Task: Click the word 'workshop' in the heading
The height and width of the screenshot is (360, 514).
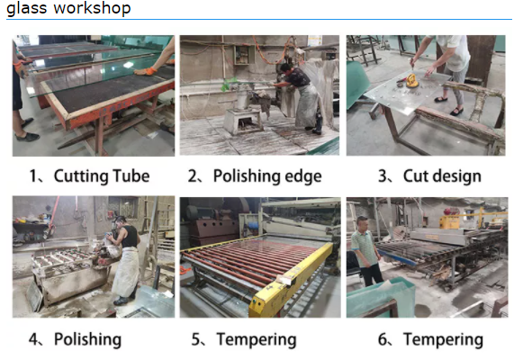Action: pyautogui.click(x=92, y=7)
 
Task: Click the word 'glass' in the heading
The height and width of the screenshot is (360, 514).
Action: pyautogui.click(x=26, y=9)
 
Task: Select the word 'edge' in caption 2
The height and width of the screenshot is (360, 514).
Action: pyautogui.click(x=303, y=176)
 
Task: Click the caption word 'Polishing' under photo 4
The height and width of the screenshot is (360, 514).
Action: pyautogui.click(x=87, y=339)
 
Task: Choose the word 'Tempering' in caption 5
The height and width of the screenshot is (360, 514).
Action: pyautogui.click(x=257, y=339)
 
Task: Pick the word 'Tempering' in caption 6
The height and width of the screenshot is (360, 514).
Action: pyautogui.click(x=443, y=339)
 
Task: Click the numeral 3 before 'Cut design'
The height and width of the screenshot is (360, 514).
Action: pyautogui.click(x=383, y=176)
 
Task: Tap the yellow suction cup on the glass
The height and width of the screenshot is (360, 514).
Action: pyautogui.click(x=411, y=81)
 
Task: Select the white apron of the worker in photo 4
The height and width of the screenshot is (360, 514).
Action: pyautogui.click(x=126, y=272)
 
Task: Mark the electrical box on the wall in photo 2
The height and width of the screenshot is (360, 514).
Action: pyautogui.click(x=244, y=55)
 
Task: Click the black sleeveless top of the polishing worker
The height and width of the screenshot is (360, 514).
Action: pyautogui.click(x=131, y=237)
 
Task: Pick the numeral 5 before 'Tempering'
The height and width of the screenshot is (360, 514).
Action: pyautogui.click(x=195, y=339)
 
